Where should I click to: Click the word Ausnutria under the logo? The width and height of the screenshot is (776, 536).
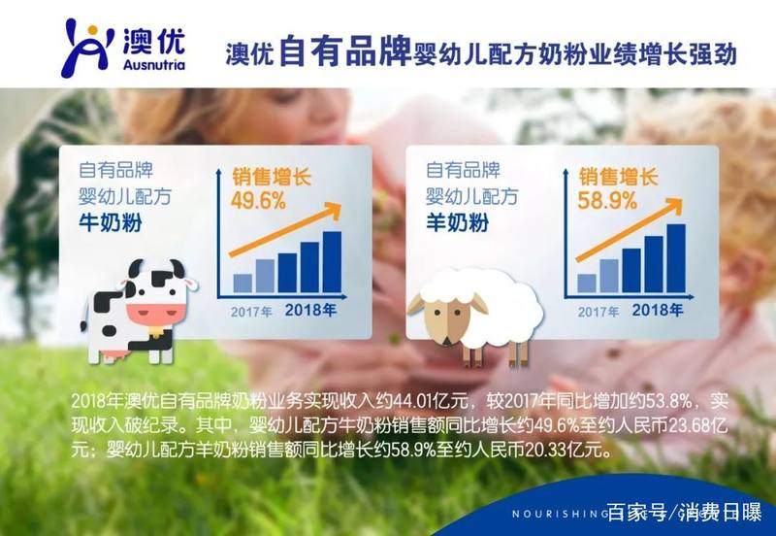[154, 65]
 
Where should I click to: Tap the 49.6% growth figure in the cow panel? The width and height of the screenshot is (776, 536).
[258, 201]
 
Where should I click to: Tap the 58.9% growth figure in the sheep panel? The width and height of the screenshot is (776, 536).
[607, 201]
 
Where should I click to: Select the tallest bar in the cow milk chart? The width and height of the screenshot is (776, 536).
[332, 262]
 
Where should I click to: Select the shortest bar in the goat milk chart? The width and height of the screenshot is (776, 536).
[587, 284]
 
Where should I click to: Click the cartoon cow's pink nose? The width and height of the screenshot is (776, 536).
[156, 313]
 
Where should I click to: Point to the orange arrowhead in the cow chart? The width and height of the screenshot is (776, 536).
[333, 209]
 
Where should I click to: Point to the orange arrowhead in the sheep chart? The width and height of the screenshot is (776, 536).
[674, 205]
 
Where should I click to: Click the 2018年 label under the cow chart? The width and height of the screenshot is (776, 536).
[310, 310]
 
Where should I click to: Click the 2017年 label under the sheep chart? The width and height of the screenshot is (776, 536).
[598, 311]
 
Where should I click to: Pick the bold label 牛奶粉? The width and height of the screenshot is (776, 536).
[111, 222]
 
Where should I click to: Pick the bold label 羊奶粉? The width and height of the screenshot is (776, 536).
[458, 222]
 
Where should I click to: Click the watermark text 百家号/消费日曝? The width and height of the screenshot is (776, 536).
[685, 513]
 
